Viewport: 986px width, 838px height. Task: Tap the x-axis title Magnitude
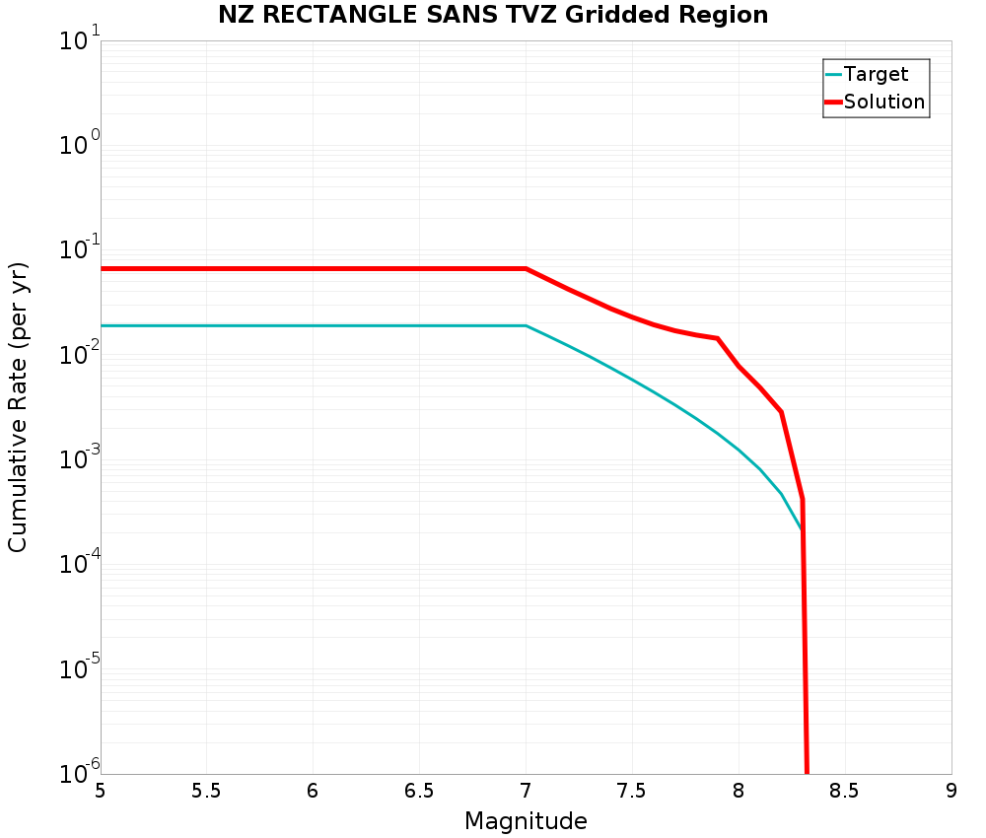point(526,821)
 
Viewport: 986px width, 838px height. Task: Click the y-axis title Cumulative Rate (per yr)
point(18,407)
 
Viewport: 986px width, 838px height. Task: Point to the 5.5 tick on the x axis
point(206,791)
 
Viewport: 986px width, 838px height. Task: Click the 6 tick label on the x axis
point(313,791)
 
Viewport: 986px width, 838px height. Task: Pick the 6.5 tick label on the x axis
point(419,791)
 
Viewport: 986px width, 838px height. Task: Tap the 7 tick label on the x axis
point(526,791)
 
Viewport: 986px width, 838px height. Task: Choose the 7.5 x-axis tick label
point(632,791)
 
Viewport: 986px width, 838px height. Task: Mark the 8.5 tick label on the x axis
point(845,791)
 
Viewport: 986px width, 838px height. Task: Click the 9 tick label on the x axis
point(951,791)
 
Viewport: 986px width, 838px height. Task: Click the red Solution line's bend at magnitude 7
point(526,268)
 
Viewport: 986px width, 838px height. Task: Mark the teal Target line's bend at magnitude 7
point(526,325)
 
